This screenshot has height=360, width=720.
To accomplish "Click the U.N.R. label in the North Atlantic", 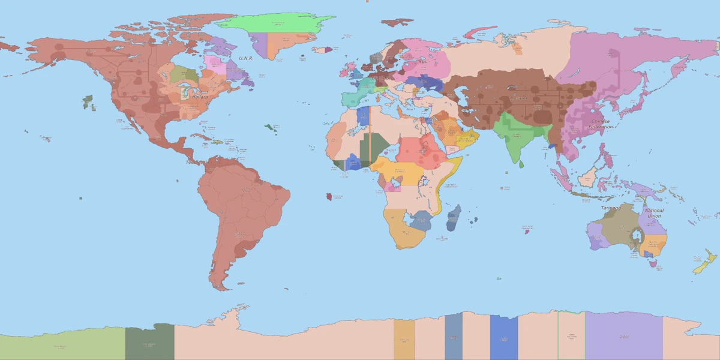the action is (245, 58).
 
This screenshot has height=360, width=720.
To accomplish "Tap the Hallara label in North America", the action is (200, 97).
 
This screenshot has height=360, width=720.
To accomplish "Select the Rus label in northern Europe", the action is (422, 61).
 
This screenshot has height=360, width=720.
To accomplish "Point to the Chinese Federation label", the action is (601, 124).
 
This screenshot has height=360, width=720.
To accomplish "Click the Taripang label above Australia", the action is (611, 208).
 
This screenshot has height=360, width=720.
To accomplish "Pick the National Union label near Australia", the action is (653, 213).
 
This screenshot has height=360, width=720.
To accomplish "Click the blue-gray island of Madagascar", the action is (454, 217).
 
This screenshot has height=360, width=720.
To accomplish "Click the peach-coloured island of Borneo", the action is (589, 177).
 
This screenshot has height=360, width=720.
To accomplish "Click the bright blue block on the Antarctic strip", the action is (503, 337).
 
